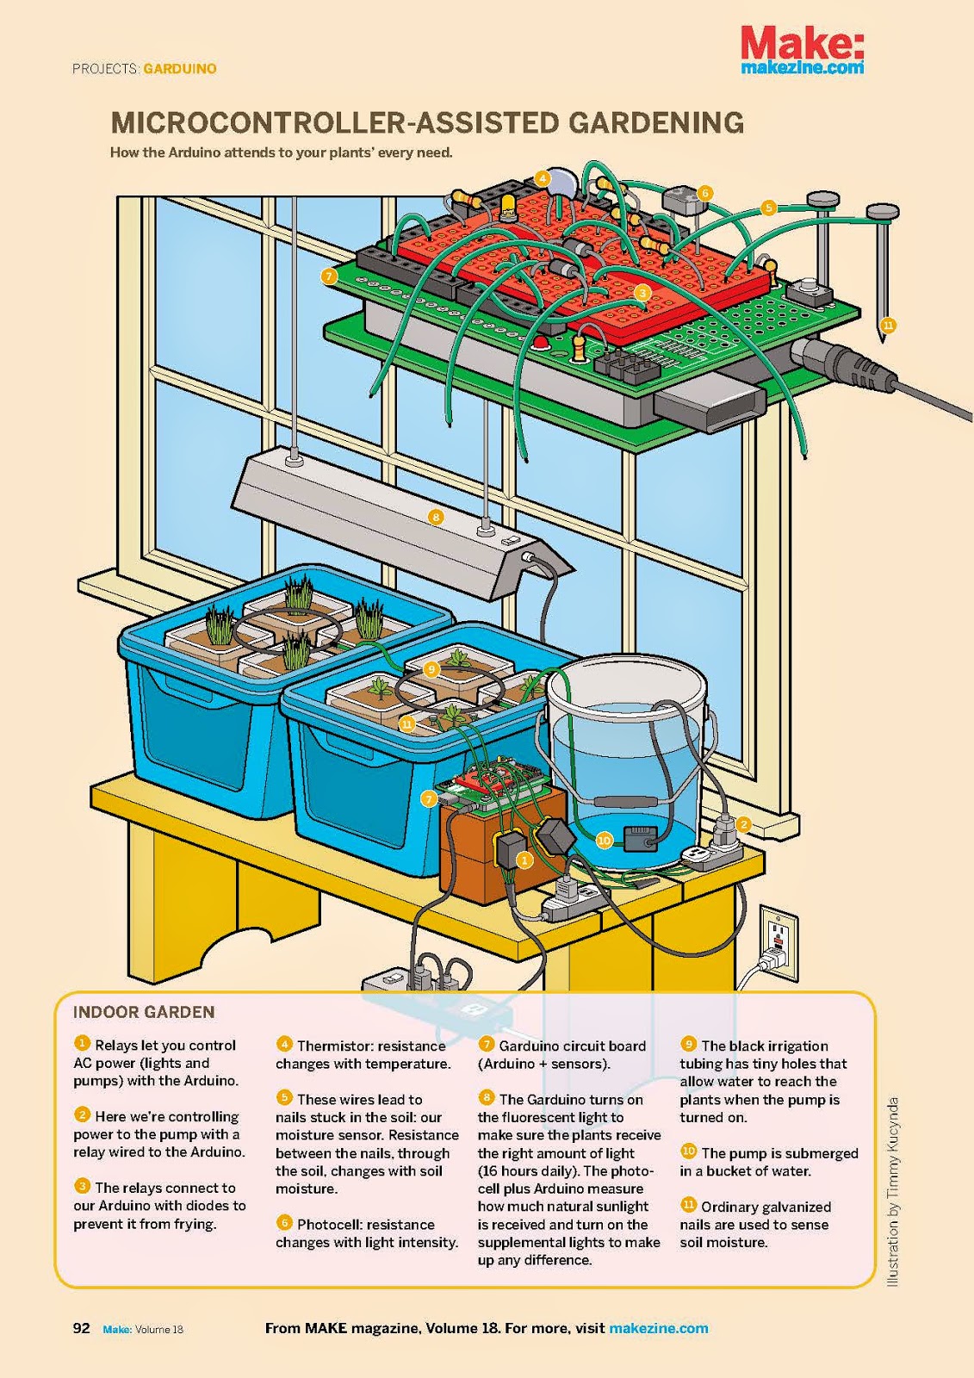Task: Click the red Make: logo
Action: tap(802, 43)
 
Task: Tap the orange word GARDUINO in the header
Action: tap(180, 69)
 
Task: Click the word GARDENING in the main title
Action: tap(656, 123)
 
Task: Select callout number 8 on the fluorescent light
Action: tap(436, 517)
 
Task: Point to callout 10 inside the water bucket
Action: tap(605, 841)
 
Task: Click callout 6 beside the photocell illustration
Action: tap(705, 193)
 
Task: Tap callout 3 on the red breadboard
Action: tap(643, 293)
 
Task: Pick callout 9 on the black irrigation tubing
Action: tap(431, 669)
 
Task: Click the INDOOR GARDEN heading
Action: tap(144, 1012)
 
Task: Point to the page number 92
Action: tap(81, 1328)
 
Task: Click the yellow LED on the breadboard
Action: tap(507, 206)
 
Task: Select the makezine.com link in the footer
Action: tap(658, 1328)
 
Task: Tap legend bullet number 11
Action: tap(688, 1206)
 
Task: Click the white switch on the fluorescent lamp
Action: tap(507, 541)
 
